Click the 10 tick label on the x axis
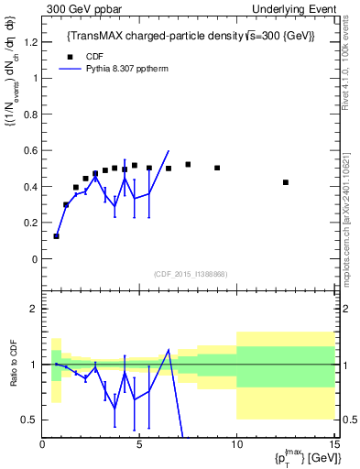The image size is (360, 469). click(236, 445)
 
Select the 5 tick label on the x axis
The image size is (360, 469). click(139, 445)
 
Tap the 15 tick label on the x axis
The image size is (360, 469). click(333, 445)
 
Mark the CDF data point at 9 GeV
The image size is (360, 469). click(217, 168)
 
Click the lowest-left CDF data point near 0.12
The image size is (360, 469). click(57, 236)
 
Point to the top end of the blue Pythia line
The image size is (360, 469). click(169, 151)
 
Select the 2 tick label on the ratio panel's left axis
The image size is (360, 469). click(34, 309)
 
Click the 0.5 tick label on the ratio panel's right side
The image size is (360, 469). click(347, 420)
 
